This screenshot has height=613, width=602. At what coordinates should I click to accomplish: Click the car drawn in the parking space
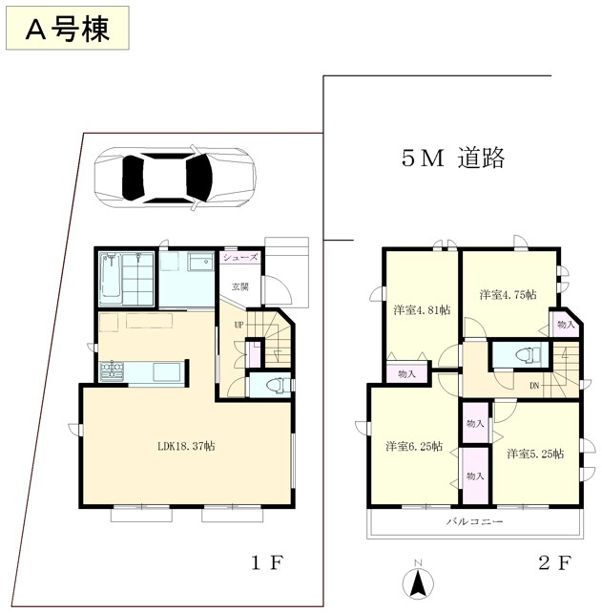click(x=175, y=178)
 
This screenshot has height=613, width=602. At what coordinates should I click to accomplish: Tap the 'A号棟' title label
click(x=67, y=29)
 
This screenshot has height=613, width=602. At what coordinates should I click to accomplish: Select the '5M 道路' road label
click(x=453, y=159)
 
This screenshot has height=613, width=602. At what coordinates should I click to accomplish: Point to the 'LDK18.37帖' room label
click(x=186, y=446)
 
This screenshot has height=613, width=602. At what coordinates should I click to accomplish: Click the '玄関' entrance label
click(x=240, y=286)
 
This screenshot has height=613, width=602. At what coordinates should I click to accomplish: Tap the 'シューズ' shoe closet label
click(x=240, y=257)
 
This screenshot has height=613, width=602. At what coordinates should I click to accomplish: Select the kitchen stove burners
click(x=113, y=371)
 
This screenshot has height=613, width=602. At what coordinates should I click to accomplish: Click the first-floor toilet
click(x=278, y=386)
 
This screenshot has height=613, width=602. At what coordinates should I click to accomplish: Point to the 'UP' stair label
click(x=239, y=325)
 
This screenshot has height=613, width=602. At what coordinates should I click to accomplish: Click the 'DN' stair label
click(x=534, y=386)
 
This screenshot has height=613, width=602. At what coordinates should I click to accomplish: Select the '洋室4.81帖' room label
click(x=422, y=310)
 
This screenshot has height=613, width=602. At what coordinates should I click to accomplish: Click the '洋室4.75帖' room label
click(x=508, y=294)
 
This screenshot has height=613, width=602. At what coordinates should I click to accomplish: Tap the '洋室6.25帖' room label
click(x=414, y=447)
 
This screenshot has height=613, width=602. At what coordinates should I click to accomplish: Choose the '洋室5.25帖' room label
click(x=535, y=454)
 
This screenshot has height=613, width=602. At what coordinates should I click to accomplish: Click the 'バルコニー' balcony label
click(x=475, y=521)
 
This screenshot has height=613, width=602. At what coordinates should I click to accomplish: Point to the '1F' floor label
click(x=266, y=563)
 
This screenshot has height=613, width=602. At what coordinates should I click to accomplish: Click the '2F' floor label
click(x=555, y=563)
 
